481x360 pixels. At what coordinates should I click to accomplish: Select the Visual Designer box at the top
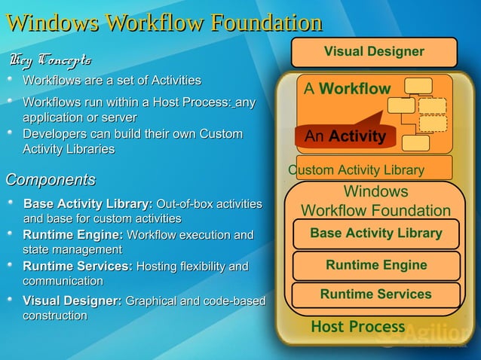pos(374,52)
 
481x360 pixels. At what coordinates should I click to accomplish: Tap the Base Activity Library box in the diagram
pos(375,233)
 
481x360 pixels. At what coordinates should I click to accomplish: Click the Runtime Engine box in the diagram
pos(376,265)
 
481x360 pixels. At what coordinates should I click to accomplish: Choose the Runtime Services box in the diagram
pos(375,294)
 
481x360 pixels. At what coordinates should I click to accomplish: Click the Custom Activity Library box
pos(374,169)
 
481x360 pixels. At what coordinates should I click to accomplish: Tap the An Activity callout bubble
pos(345,136)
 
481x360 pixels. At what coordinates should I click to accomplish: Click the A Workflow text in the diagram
pos(347,89)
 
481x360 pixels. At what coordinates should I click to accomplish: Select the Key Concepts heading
pos(51,59)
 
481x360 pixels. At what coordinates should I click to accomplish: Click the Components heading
pos(51,180)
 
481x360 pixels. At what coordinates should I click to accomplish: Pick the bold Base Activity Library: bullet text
pos(88,204)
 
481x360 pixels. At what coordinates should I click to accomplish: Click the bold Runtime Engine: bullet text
pos(73,235)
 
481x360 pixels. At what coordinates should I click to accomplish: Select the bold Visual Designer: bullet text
pos(72,301)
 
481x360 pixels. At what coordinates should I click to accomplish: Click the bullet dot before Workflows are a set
pos(11,79)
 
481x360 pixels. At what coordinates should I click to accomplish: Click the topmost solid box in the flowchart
pos(418,86)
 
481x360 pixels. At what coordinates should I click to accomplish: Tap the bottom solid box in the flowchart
pos(416,142)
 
